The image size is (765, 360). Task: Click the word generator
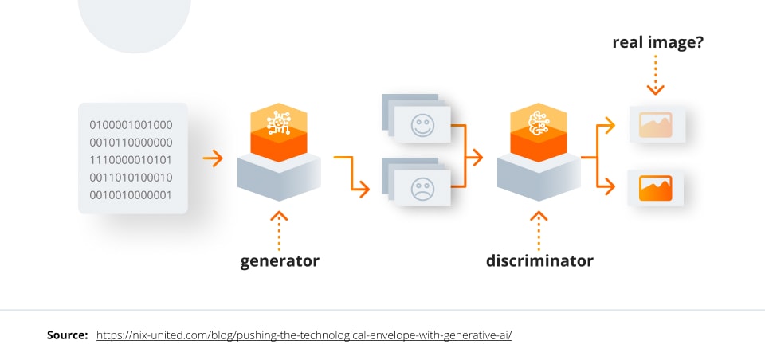tap(280, 260)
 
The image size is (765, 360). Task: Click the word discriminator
tap(539, 260)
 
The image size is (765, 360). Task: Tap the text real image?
tap(657, 42)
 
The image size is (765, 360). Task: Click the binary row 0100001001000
tap(131, 124)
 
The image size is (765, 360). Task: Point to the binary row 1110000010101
tap(131, 159)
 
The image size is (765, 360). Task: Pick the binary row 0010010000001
tap(131, 194)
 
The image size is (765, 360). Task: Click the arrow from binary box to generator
tap(213, 158)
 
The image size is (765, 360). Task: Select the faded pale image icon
tap(656, 124)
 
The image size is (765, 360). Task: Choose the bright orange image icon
tap(656, 188)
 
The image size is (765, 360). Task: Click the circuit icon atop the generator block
tap(278, 121)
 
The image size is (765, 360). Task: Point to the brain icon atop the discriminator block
tap(539, 121)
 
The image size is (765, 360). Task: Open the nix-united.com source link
tap(304, 335)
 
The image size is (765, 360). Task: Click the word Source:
tap(67, 335)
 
